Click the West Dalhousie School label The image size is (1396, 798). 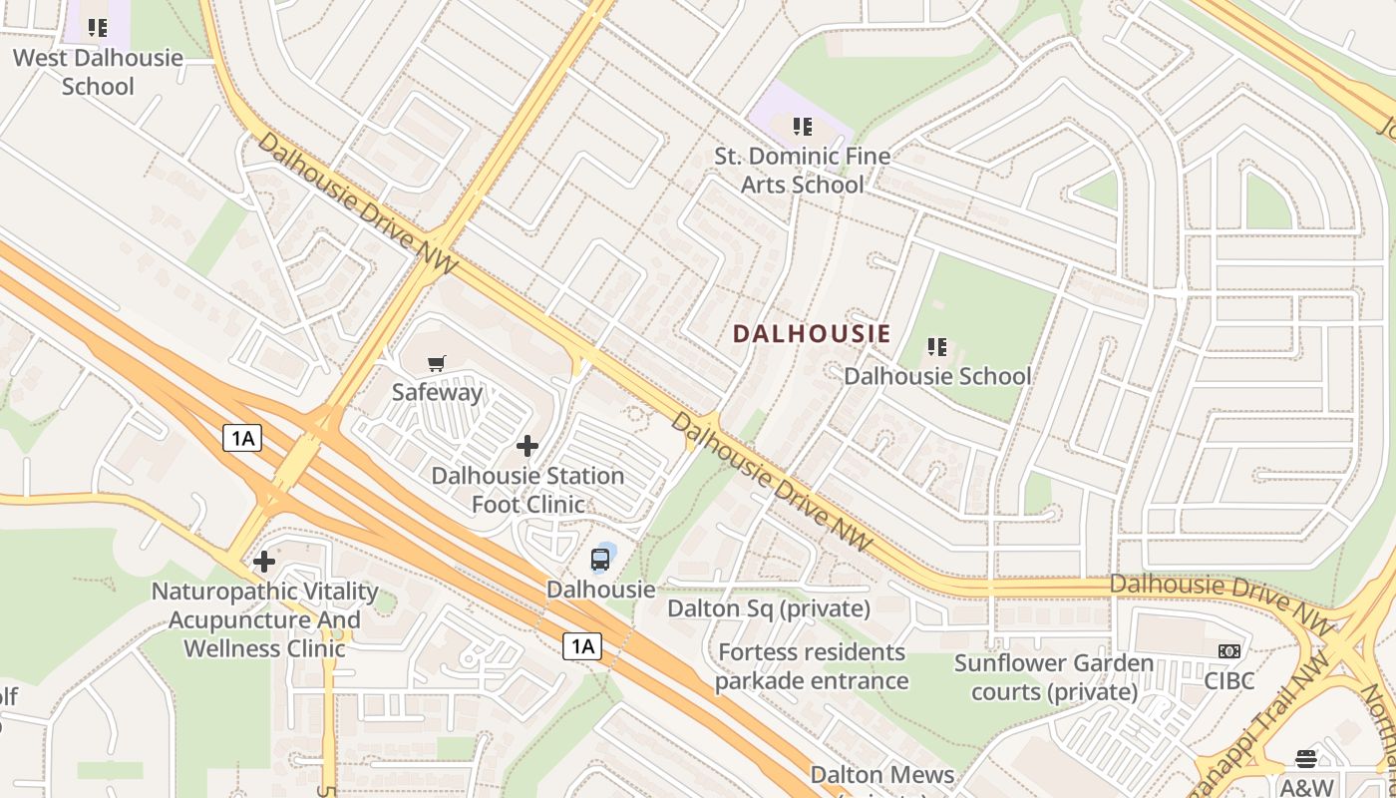tap(98, 72)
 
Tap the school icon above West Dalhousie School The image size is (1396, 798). tap(97, 28)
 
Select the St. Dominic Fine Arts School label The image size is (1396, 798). tap(802, 171)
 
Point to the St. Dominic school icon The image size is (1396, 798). tap(802, 127)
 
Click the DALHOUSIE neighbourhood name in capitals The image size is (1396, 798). tap(812, 334)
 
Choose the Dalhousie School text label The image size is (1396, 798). tap(937, 376)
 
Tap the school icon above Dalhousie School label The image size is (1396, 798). tap(936, 347)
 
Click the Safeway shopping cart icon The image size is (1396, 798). tap(436, 364)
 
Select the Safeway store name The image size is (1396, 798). tap(437, 392)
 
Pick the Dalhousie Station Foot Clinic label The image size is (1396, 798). tap(527, 490)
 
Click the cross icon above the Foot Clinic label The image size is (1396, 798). tap(527, 446)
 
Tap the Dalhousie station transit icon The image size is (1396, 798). tap(600, 560)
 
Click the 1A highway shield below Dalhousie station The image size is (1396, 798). tap(582, 646)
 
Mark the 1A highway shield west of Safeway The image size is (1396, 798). tap(241, 437)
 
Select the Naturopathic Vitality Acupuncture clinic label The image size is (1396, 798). tap(264, 619)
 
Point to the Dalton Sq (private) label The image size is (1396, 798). tap(768, 608)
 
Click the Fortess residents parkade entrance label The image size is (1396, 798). tap(811, 666)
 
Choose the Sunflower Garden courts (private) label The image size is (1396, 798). tap(1054, 677)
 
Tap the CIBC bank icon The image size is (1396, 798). tap(1228, 651)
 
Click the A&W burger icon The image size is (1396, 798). tap(1306, 758)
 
